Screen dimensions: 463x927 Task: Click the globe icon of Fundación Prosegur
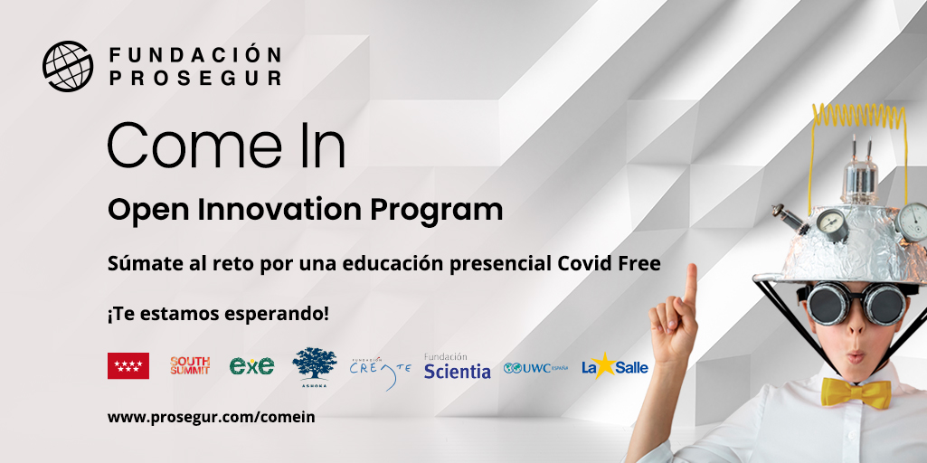(69, 66)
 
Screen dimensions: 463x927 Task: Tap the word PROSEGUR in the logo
(195, 78)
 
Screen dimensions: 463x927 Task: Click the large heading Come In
(226, 145)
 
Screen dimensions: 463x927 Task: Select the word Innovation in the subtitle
(279, 210)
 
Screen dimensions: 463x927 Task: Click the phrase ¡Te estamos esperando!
(218, 314)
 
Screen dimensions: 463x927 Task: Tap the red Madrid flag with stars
(128, 365)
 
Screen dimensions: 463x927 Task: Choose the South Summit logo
(190, 365)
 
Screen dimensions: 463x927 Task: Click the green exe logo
(251, 365)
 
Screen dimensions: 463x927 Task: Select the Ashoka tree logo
(314, 364)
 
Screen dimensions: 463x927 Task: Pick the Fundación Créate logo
(380, 368)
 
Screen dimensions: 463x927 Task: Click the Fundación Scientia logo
(457, 366)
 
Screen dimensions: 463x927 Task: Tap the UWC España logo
(535, 367)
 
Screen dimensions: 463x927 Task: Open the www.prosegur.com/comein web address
(211, 417)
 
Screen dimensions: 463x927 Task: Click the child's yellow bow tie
(856, 392)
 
